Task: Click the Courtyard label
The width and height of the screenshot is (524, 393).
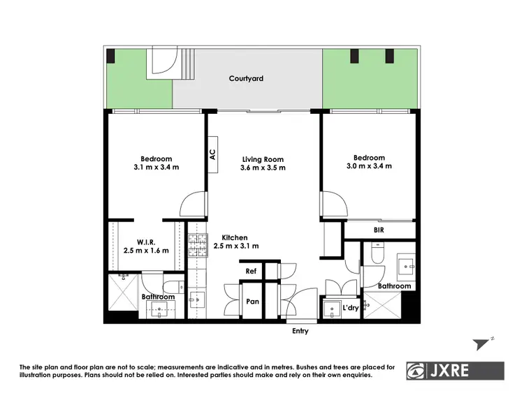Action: coord(246,79)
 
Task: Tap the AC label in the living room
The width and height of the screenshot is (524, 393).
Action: coord(212,154)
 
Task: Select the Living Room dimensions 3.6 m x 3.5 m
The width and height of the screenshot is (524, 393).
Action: coord(263,168)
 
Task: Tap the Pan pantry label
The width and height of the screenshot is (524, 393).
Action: coord(253,302)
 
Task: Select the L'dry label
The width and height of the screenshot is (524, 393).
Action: coord(350,308)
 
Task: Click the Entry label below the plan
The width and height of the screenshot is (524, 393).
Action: coord(300,331)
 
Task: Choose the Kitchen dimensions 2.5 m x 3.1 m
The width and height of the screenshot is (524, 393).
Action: coord(236,246)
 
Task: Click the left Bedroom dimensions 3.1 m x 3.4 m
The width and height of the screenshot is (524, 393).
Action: coord(156,168)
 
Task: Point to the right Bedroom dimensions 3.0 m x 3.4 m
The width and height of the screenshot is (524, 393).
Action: coord(368,166)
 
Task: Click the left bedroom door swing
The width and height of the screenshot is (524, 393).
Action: coord(191,205)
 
